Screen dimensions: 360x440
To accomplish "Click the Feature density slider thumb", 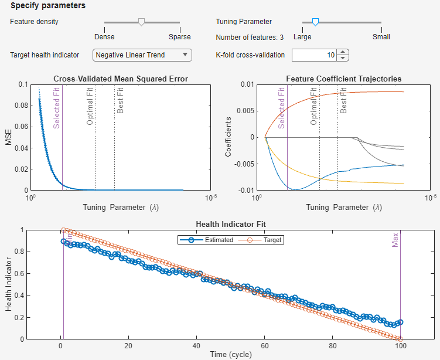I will (x=141, y=22).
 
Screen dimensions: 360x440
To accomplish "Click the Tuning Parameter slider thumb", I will (x=315, y=22).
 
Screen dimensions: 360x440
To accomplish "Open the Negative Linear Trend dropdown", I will (x=142, y=55).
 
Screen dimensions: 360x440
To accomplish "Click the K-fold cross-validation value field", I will (x=314, y=55).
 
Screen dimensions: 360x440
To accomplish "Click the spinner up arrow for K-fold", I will (x=343, y=52).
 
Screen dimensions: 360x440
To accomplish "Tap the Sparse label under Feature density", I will (x=180, y=36).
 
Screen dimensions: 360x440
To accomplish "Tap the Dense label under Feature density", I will (x=104, y=36).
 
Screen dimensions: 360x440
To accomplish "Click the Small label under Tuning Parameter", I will (x=381, y=36).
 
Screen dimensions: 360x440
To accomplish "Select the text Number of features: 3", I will (x=250, y=37).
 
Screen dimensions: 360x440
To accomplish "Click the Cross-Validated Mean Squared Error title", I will (x=121, y=79).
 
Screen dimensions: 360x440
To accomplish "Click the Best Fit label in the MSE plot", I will (x=120, y=100).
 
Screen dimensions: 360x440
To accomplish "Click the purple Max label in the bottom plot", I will (x=395, y=239).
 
